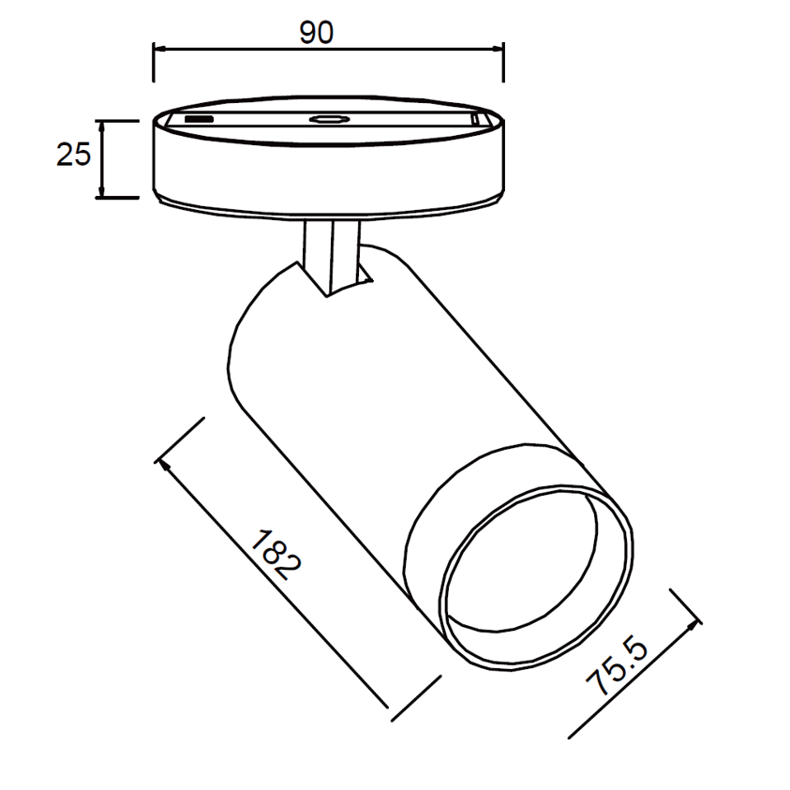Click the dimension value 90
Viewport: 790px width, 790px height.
pos(317,33)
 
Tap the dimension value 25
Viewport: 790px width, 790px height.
pos(73,155)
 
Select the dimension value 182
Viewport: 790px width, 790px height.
pos(276,555)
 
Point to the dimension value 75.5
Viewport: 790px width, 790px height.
pos(617,666)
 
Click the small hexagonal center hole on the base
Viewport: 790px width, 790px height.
pos(330,119)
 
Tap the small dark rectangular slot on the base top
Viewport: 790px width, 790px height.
pos(199,119)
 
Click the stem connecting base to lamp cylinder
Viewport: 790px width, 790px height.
pos(332,257)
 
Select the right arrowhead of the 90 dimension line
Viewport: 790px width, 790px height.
pos(498,49)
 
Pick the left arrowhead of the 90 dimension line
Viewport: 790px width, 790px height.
pos(159,49)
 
